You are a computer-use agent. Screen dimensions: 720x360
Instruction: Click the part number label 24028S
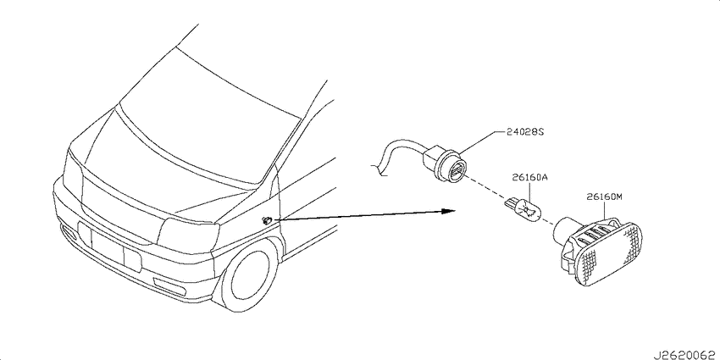click(x=525, y=132)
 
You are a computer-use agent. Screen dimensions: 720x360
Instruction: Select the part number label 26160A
click(x=530, y=178)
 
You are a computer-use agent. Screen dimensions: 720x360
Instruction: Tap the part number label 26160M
click(x=604, y=197)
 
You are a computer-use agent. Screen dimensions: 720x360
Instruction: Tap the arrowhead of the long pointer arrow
click(x=448, y=211)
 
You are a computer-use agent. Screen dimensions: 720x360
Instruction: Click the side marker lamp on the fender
click(x=266, y=220)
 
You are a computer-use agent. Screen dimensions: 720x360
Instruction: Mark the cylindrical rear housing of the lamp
click(x=565, y=230)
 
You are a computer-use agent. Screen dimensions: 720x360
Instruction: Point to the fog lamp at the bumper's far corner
click(x=69, y=232)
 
